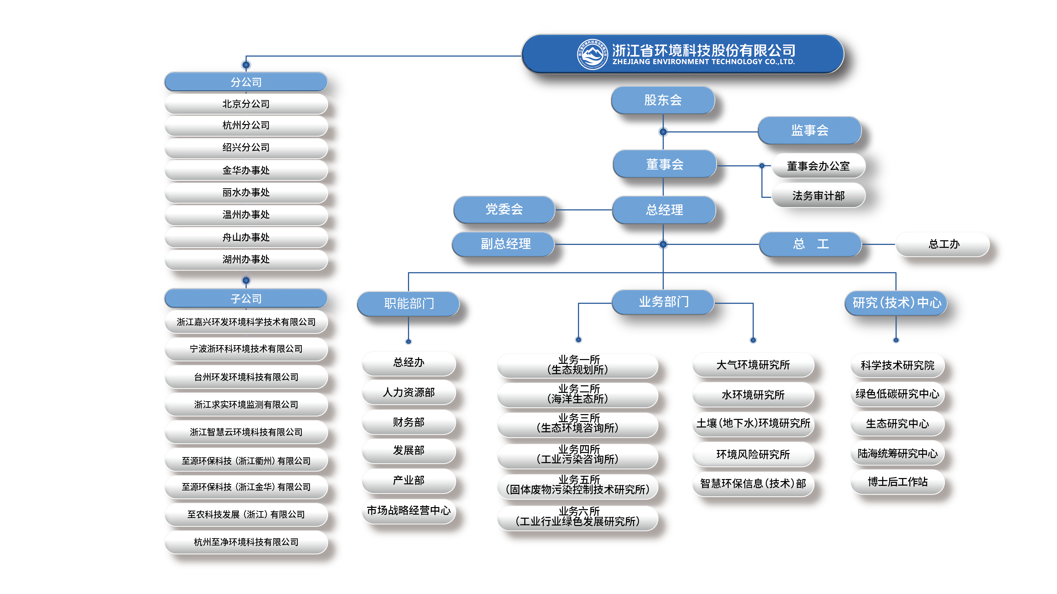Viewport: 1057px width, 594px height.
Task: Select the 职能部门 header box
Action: (x=409, y=303)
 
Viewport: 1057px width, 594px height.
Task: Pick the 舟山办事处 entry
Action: (x=246, y=237)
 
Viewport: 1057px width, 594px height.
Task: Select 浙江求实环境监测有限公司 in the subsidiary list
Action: (x=246, y=405)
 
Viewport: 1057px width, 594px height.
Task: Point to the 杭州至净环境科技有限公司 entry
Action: (x=246, y=542)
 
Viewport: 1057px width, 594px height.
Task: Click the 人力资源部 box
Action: (x=409, y=393)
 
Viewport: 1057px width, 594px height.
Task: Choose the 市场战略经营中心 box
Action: (x=409, y=510)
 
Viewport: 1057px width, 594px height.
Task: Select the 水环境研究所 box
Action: (x=753, y=395)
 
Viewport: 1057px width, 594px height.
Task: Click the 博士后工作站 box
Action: (x=897, y=482)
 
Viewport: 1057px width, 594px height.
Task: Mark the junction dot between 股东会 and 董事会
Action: (x=663, y=132)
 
